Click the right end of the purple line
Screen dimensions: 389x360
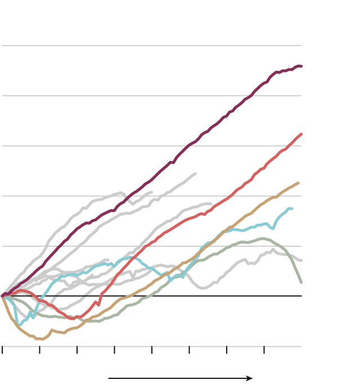301,66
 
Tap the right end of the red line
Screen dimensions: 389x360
302,134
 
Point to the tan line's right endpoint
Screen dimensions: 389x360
298,183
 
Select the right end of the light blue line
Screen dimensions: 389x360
292,209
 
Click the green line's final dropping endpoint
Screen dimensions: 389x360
301,282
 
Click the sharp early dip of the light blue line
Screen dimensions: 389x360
19,325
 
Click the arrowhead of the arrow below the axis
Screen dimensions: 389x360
251,378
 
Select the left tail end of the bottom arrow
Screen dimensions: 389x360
109,378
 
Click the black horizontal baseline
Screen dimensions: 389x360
169,296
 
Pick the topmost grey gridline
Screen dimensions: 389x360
152,46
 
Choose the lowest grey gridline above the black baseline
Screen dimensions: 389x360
152,246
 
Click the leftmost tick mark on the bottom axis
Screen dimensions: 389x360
3,350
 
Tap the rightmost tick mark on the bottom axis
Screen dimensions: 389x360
264,350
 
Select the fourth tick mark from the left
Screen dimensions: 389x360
115,350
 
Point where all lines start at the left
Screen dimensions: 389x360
3,295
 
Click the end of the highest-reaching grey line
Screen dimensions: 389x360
195,174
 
